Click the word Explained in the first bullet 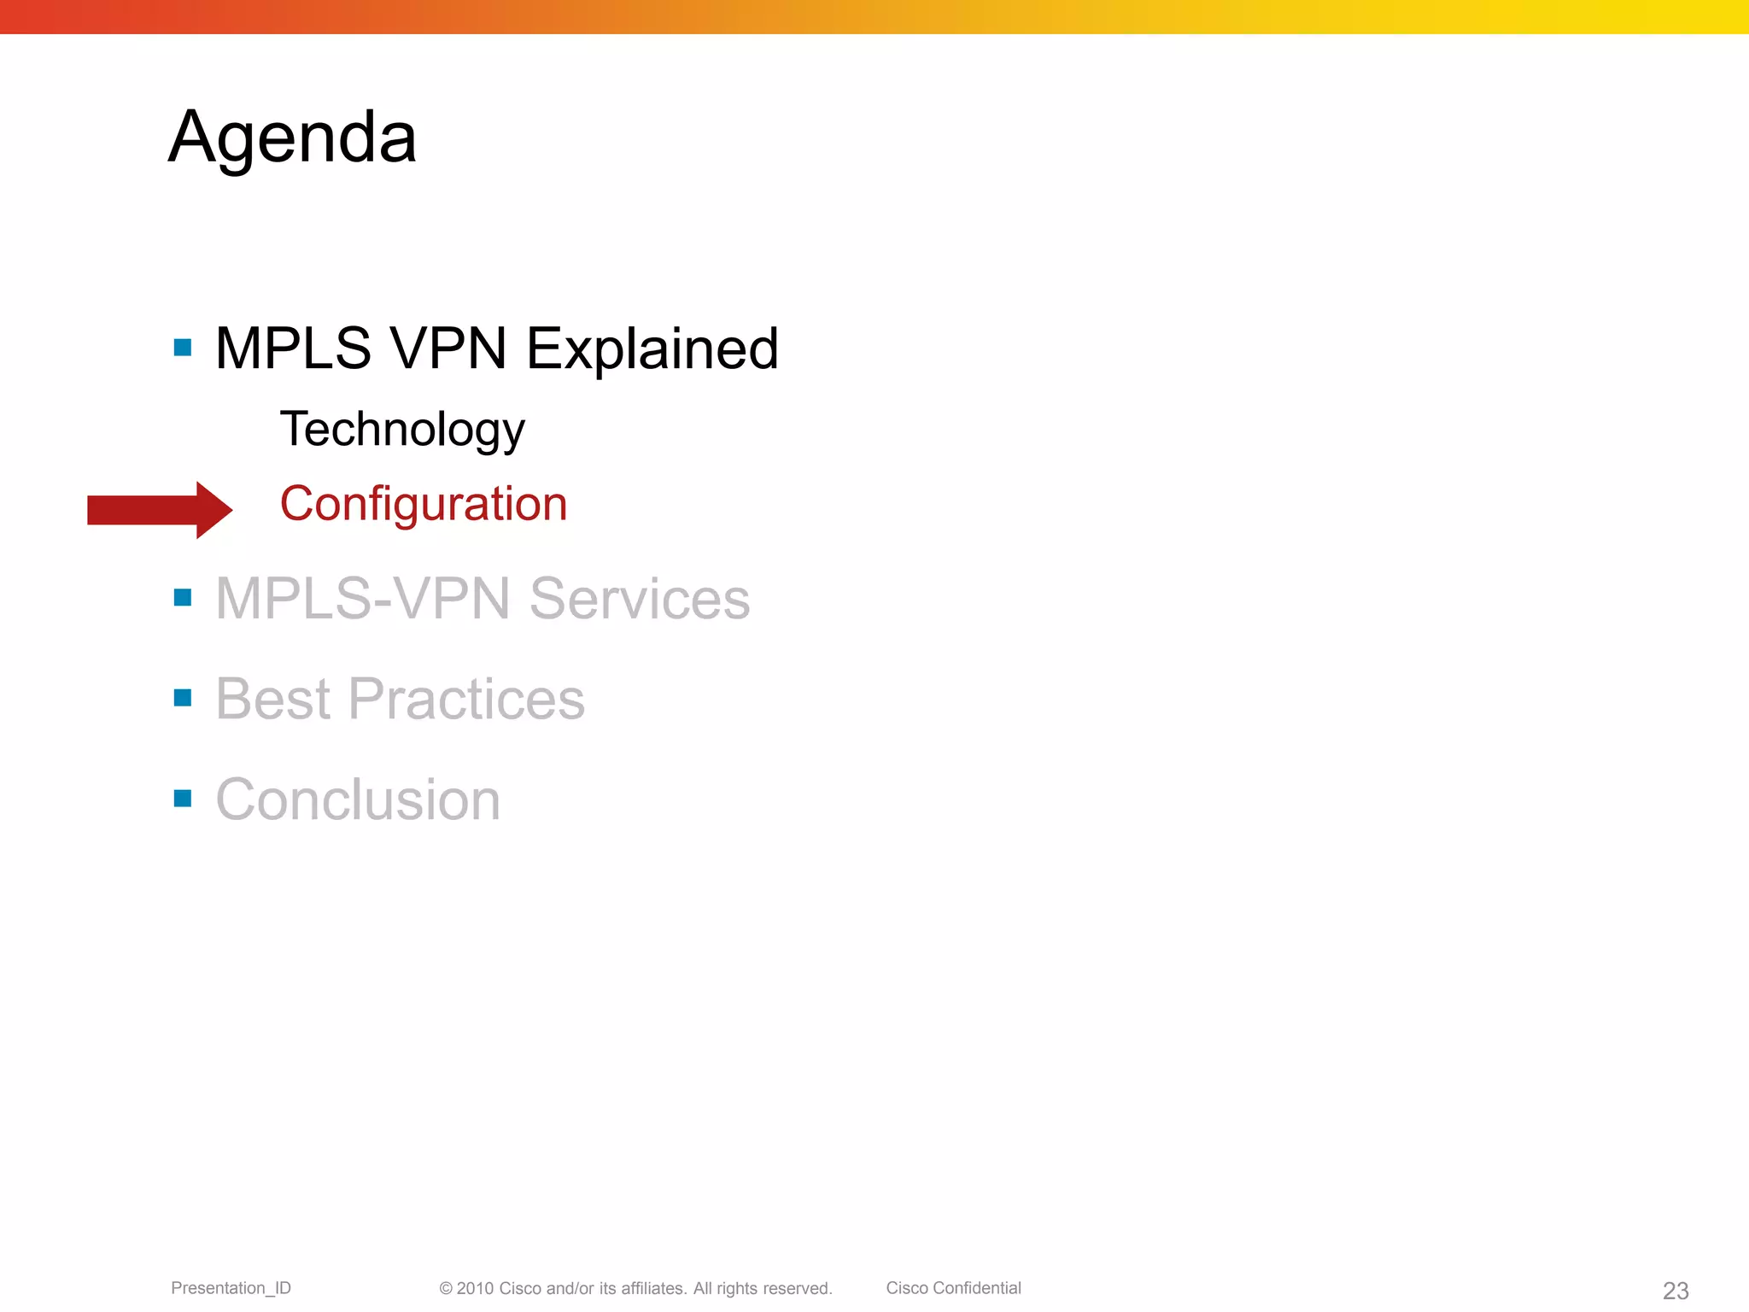(652, 348)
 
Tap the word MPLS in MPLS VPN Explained (293, 348)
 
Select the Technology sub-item (402, 429)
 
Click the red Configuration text (424, 503)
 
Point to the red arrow (160, 510)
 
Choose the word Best (272, 699)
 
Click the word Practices (466, 699)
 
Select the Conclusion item (358, 799)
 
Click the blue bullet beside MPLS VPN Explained (182, 347)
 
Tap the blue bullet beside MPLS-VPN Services (182, 597)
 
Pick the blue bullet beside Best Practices (182, 698)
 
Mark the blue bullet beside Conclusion (182, 798)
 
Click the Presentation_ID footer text (231, 1288)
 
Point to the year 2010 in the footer (475, 1288)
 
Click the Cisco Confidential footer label (953, 1288)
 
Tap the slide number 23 (1676, 1291)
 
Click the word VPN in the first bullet (447, 348)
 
